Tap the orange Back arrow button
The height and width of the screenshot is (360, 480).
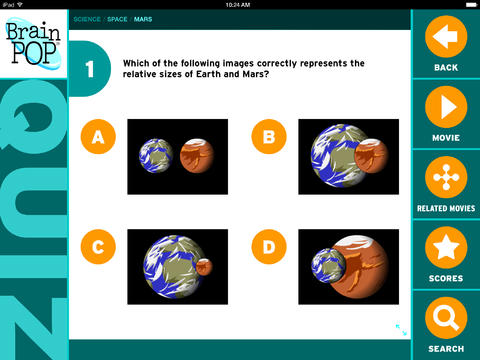[x=446, y=36]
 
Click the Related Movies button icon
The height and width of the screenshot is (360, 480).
[x=446, y=177]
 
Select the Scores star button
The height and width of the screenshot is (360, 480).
[x=446, y=247]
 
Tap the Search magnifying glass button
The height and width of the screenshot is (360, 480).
[x=446, y=318]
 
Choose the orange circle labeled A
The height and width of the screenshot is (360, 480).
[x=98, y=136]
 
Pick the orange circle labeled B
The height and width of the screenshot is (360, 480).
[x=269, y=136]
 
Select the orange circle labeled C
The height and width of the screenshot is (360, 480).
[x=98, y=247]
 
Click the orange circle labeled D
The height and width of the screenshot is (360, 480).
[x=269, y=247]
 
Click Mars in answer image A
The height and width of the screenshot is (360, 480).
[x=197, y=156]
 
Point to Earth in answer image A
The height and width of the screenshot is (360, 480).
[x=156, y=156]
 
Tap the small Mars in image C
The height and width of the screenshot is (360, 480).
[x=204, y=267]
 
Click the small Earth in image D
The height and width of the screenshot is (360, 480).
[x=328, y=266]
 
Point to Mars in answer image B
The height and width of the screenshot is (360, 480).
[x=371, y=156]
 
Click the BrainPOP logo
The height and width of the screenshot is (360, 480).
[x=33, y=43]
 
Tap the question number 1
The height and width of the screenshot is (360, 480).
[x=90, y=69]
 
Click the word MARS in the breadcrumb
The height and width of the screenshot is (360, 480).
[x=143, y=19]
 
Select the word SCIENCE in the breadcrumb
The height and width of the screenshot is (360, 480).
[x=87, y=19]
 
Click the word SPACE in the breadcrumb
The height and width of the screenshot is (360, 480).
[x=117, y=19]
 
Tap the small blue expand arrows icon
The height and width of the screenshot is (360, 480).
[x=401, y=330]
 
